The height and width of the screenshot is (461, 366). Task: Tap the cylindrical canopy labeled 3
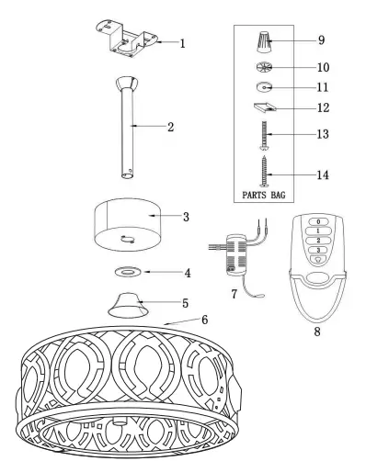129,224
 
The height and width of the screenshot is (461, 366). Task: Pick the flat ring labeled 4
129,273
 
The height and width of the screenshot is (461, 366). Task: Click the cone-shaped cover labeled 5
127,304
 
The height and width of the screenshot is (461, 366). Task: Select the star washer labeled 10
263,68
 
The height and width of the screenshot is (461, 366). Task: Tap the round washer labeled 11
263,88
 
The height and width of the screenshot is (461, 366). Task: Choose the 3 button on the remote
317,251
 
